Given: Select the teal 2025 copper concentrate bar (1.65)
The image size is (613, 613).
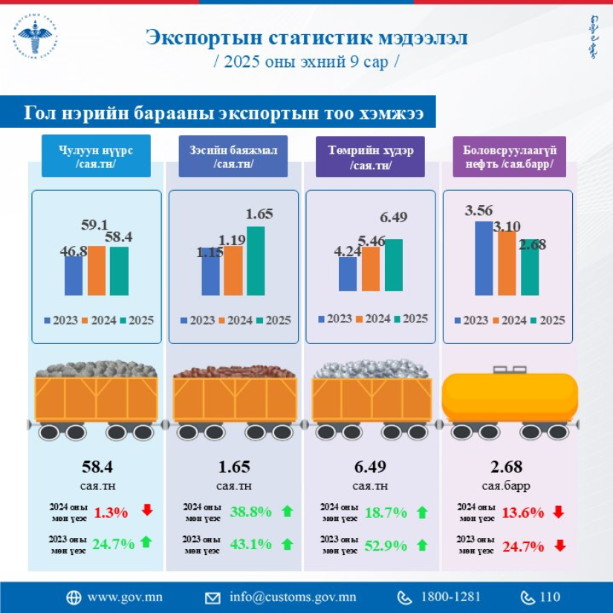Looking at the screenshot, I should pos(256,261).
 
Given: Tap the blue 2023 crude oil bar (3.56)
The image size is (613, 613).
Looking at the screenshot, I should pos(484,258).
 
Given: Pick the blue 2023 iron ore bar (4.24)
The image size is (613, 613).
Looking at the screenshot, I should pos(348,274).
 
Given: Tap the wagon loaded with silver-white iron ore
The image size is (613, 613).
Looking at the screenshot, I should pos(372,398).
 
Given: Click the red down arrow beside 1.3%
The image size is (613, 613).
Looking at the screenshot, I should pos(147,510).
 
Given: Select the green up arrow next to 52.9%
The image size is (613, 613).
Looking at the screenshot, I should pos(422,545).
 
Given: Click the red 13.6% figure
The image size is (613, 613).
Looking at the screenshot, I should pos(522,512).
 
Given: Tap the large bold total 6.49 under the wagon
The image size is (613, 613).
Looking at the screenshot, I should pos(370,467).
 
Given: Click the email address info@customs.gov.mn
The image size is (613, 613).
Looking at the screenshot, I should pos(293,597).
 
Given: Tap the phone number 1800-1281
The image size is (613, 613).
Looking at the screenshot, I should pos(450,597).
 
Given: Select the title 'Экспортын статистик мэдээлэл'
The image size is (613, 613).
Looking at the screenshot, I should pos(306,38).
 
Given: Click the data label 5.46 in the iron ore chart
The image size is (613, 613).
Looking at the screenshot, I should pos(372,241).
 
